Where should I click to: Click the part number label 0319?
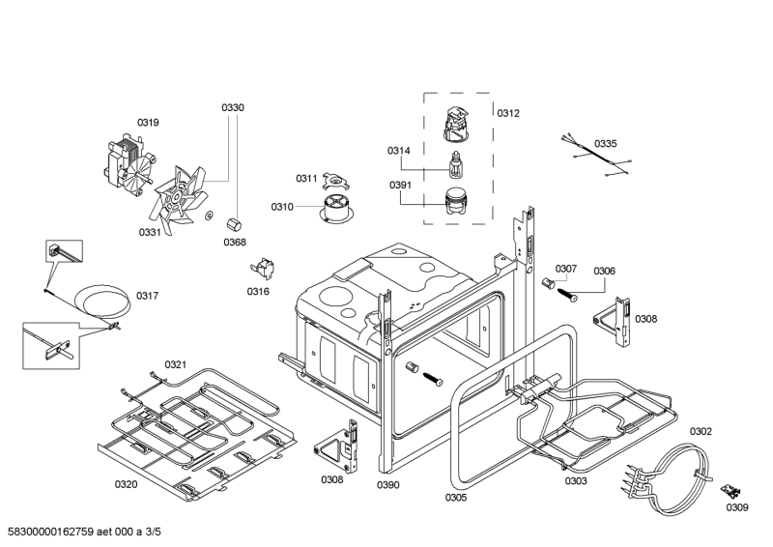click(148, 122)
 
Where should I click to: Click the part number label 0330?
click(233, 107)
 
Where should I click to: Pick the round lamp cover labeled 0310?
click(335, 208)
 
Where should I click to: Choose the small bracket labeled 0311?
click(334, 180)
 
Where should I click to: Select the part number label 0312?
click(508, 113)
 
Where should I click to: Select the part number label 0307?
click(566, 268)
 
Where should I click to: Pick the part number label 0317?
click(148, 295)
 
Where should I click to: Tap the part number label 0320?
click(127, 483)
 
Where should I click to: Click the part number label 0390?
click(388, 484)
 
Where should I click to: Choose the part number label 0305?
click(456, 498)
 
